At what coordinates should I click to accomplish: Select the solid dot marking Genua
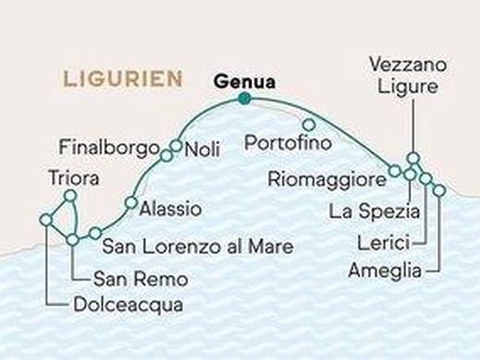244,99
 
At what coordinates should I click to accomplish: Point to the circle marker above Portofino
309,125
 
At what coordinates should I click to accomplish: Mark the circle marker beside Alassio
131,203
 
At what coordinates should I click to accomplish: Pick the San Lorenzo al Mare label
198,246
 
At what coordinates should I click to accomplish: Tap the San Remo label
140,278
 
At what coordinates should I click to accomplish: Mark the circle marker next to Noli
175,145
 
